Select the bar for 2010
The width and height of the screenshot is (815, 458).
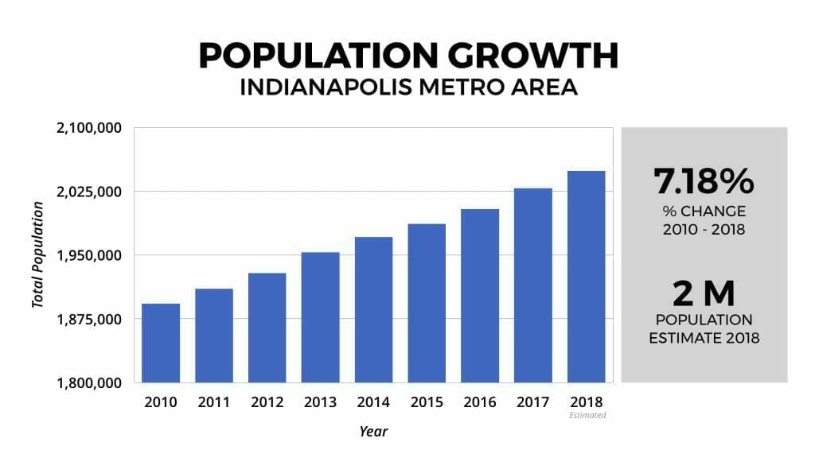(x=160, y=343)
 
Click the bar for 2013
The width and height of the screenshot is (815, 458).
(x=320, y=317)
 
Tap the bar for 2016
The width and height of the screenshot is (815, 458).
(x=480, y=296)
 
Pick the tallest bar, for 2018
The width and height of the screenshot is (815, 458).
(x=586, y=277)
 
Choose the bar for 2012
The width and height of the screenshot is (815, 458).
(x=267, y=328)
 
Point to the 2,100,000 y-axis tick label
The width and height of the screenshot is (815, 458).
(x=88, y=128)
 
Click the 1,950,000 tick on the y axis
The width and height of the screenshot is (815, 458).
(x=88, y=255)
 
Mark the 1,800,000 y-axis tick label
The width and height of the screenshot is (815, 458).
(x=88, y=382)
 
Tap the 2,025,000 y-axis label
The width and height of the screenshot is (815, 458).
(x=88, y=192)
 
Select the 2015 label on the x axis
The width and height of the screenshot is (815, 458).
(x=427, y=402)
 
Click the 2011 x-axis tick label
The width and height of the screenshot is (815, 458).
(x=213, y=402)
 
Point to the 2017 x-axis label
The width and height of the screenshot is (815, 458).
(x=533, y=402)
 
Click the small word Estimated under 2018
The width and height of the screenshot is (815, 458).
(x=587, y=415)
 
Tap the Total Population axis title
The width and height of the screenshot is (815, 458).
(x=37, y=254)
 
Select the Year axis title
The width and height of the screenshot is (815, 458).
(x=372, y=431)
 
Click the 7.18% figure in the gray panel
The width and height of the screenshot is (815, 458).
(x=704, y=181)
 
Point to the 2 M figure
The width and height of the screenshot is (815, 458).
(x=704, y=294)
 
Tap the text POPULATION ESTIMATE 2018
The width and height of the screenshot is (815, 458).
(x=704, y=328)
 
